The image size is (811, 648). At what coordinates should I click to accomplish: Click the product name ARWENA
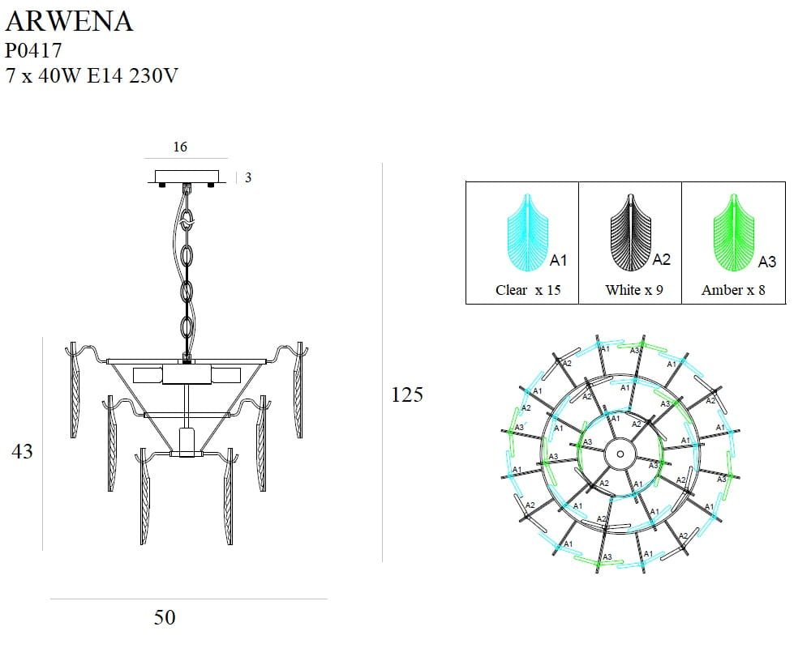click(69, 21)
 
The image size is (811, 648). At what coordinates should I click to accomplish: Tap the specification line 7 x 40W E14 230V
click(92, 76)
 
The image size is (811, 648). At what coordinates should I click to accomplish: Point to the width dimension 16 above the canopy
click(180, 147)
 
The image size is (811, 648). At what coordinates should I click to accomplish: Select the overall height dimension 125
click(407, 394)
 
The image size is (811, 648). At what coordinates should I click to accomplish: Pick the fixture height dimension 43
click(22, 451)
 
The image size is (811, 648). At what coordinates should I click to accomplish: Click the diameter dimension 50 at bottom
click(165, 617)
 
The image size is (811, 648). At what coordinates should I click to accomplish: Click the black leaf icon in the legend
click(630, 235)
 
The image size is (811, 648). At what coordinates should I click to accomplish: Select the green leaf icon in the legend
click(734, 235)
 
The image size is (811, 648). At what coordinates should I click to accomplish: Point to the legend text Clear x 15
click(528, 290)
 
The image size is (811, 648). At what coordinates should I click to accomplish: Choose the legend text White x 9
click(633, 290)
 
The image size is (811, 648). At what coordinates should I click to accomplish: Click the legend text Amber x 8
click(733, 290)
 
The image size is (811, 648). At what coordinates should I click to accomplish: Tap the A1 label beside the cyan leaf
click(558, 260)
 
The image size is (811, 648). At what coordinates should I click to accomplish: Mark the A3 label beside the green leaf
click(766, 262)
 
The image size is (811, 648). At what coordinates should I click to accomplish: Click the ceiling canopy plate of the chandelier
click(187, 177)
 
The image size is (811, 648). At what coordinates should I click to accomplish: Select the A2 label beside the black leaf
click(662, 259)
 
